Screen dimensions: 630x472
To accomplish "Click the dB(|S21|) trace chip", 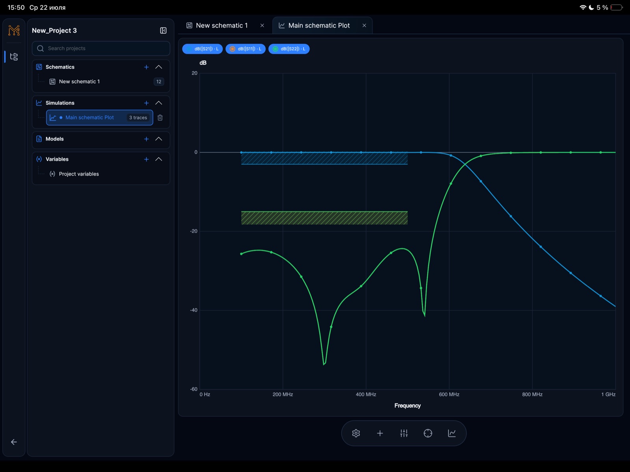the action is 202,49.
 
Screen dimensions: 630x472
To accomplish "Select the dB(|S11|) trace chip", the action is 245,49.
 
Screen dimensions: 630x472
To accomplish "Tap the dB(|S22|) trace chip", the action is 289,49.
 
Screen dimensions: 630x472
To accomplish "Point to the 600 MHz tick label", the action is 449,394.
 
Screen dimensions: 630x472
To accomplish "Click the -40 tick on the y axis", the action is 194,310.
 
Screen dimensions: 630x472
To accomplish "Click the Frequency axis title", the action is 407,405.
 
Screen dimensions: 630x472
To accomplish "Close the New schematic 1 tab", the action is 262,26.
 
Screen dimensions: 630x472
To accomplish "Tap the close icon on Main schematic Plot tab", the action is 364,26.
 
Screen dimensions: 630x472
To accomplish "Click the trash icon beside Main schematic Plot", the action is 160,118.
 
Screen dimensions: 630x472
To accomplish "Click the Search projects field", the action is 101,48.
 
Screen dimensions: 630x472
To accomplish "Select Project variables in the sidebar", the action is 79,174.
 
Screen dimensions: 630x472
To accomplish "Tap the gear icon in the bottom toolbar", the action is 356,433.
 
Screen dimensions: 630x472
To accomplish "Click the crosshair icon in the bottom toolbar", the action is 428,433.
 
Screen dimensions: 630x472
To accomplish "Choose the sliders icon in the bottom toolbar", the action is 404,433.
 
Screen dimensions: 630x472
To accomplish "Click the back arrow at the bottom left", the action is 14,442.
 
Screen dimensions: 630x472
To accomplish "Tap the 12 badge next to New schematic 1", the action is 159,82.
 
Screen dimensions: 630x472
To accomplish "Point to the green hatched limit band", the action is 324,218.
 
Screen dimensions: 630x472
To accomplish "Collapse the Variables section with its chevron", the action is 158,159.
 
